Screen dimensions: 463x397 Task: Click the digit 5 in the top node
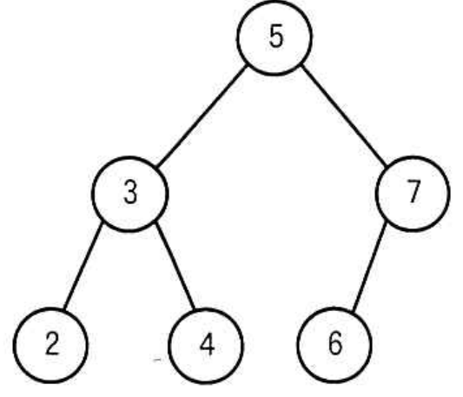pos(276,36)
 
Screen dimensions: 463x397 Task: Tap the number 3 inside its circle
pos(130,192)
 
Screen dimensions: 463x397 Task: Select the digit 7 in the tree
pos(413,191)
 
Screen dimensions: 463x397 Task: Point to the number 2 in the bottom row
pos(52,343)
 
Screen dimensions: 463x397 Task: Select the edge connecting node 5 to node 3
pos(202,116)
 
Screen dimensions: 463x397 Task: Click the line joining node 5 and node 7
pos(344,116)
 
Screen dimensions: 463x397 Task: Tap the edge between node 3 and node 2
pos(83,267)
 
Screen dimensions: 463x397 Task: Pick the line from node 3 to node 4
pos(175,266)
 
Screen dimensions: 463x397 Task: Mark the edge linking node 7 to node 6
pos(370,267)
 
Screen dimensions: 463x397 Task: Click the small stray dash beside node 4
pos(158,360)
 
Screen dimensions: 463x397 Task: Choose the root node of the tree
pos(274,37)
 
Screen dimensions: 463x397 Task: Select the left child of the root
pos(130,194)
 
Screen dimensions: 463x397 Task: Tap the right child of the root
pos(413,194)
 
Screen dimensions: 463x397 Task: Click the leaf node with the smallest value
pos(50,345)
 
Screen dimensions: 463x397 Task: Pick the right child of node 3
pos(207,346)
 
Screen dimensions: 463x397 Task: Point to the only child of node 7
pos(334,345)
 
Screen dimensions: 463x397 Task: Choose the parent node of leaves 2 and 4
pos(130,194)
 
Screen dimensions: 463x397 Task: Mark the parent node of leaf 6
pos(413,194)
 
